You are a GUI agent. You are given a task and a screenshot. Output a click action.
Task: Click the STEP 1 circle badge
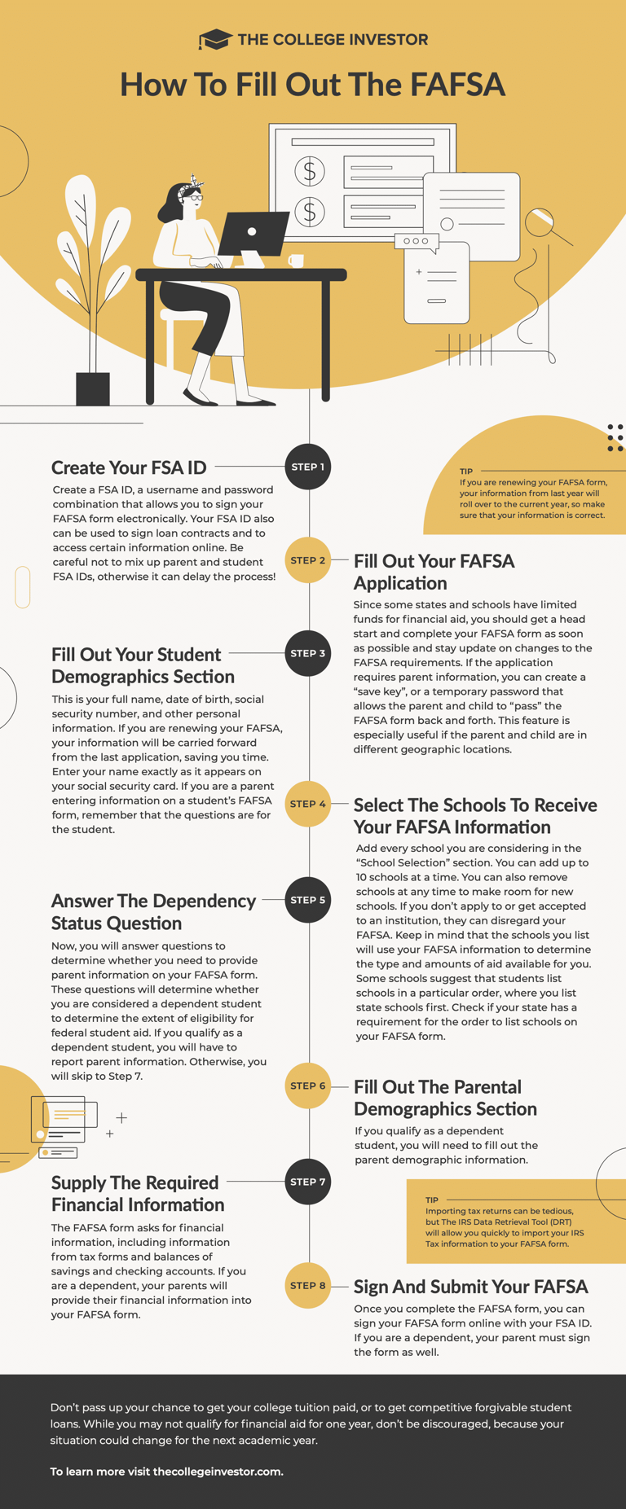pos(308,467)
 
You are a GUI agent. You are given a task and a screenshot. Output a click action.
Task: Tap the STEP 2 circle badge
pos(308,560)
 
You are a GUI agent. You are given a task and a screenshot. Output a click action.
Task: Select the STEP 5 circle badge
pos(308,900)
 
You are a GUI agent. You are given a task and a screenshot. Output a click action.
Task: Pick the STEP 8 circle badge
pos(308,1285)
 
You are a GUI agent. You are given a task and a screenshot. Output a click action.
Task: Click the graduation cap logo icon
pos(214,39)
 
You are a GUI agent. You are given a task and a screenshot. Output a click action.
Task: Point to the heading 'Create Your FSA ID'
pos(129,467)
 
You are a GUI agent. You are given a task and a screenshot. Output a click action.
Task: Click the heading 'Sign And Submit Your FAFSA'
pos(470,1287)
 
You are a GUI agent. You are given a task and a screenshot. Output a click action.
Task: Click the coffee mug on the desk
pos(296,261)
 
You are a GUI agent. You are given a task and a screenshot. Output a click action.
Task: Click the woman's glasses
pos(196,198)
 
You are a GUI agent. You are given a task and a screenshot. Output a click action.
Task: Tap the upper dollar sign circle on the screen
pos(310,171)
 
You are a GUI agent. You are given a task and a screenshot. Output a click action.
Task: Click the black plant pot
pos(93,388)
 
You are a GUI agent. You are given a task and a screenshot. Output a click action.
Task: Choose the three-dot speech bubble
pos(416,241)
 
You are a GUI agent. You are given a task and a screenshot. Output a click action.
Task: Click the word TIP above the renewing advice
pos(466,472)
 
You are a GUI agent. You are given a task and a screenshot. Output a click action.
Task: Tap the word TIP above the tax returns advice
pos(432,1200)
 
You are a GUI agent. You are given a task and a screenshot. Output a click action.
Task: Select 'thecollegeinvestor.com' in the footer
pos(218,1472)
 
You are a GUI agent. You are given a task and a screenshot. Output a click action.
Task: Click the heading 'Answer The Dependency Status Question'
pos(153,912)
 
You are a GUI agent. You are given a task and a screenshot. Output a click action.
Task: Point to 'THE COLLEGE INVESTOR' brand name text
pos(333,39)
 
